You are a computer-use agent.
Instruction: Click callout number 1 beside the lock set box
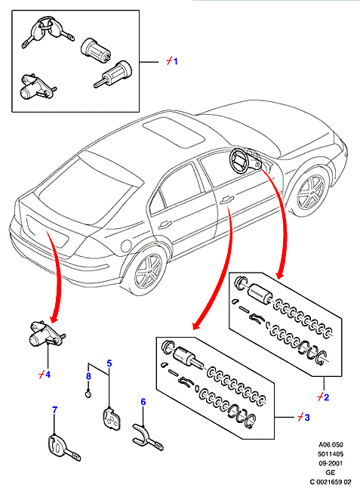175,61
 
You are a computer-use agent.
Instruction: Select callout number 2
326,397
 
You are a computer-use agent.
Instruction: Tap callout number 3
307,417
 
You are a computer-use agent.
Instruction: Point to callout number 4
48,374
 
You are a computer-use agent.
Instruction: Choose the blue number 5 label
109,363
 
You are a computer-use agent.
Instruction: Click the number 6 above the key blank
143,401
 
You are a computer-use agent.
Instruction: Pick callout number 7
55,410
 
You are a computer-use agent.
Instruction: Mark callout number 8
88,375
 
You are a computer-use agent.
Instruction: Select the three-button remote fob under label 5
111,419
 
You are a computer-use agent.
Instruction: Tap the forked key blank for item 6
147,437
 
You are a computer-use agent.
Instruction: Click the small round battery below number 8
88,393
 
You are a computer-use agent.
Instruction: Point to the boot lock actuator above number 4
45,335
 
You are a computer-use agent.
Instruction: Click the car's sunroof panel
174,131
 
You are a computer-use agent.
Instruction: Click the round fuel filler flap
126,246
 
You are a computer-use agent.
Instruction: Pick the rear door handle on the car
165,224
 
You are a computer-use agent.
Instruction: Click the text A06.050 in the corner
331,445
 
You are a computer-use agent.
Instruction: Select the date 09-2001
331,463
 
